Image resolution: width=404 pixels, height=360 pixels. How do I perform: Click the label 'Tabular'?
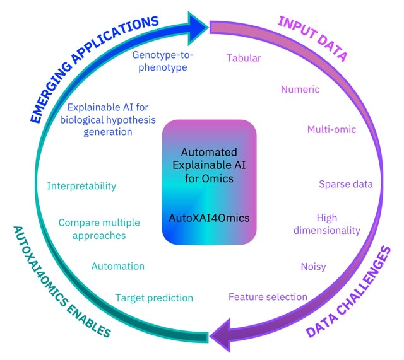pos(244,59)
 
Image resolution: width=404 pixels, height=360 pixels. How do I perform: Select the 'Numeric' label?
pos(300,89)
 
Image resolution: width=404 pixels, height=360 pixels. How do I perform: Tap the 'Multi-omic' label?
pos(331,130)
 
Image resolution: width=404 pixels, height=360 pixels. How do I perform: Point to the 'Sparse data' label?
pos(345,184)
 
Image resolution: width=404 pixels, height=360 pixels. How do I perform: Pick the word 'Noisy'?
pos(313,267)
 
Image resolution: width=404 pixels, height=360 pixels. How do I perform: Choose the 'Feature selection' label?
pos(268,296)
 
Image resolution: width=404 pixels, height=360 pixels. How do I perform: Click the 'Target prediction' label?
pos(154,298)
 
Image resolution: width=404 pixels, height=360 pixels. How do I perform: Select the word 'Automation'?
pos(118,267)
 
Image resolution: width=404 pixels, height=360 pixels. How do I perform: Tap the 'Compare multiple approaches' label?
pos(99,229)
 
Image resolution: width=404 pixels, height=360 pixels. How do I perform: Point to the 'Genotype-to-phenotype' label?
pos(163,61)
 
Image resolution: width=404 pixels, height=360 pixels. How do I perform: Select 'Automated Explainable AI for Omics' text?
pos(209,165)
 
